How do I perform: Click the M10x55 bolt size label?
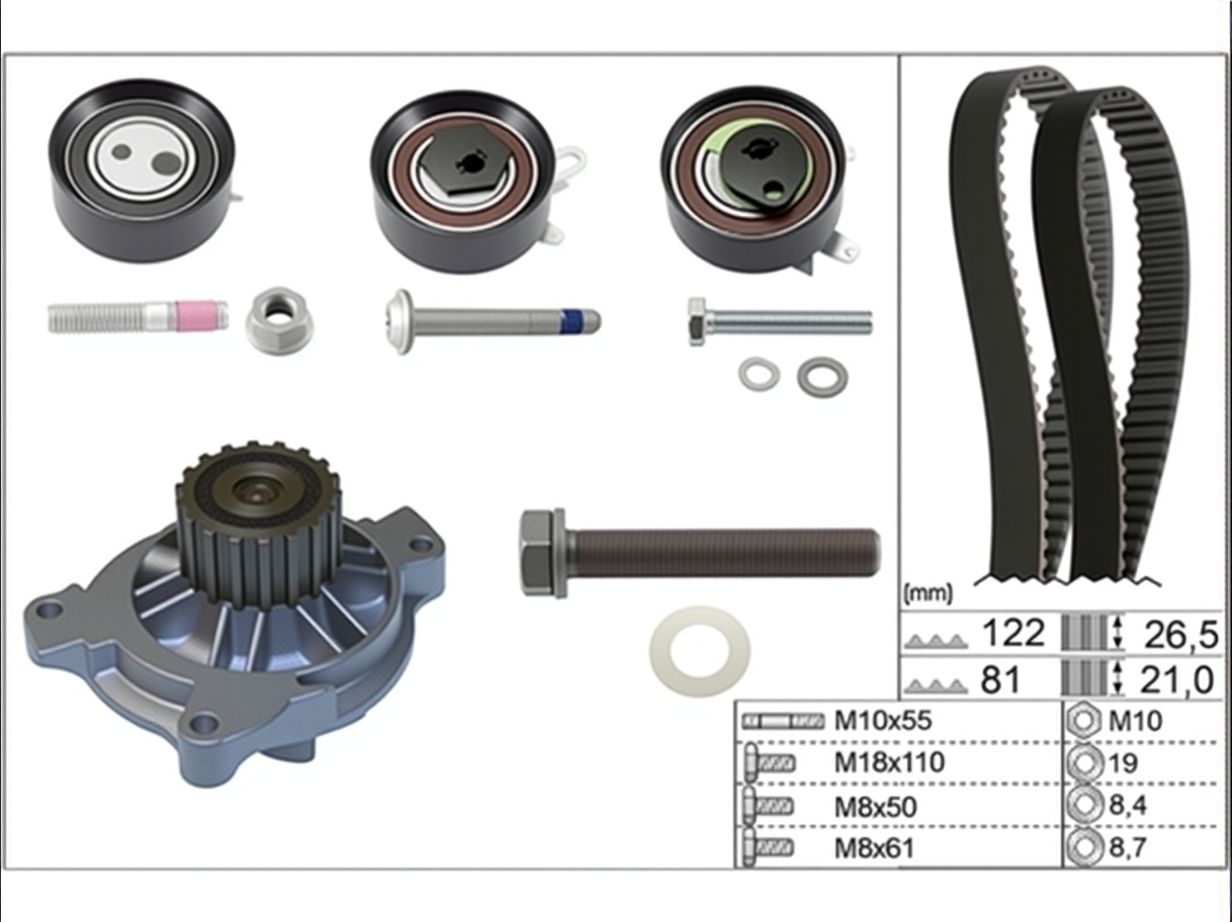pyautogui.click(x=883, y=720)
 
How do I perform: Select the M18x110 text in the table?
pyautogui.click(x=890, y=762)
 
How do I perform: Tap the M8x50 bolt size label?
pyautogui.click(x=875, y=807)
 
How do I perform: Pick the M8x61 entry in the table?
pyautogui.click(x=874, y=848)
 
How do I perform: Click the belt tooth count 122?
pyautogui.click(x=1013, y=633)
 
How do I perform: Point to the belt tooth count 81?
pyautogui.click(x=1001, y=680)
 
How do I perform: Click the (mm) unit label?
pyautogui.click(x=928, y=592)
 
